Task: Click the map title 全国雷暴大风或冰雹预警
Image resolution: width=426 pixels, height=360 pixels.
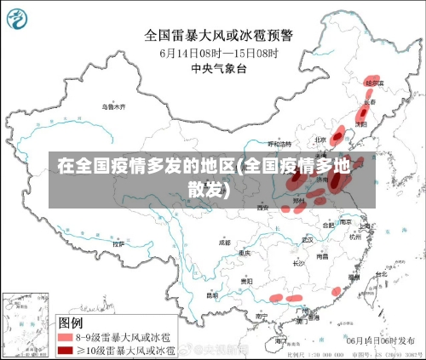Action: click(218, 35)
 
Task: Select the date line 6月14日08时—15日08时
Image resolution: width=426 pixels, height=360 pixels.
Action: click(218, 51)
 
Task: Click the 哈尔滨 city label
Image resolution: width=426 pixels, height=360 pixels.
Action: click(374, 83)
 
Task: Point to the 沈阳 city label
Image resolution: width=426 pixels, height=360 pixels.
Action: click(360, 123)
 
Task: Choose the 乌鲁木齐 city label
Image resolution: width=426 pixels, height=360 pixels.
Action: click(113, 107)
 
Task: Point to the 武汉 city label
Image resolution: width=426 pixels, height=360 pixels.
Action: click(308, 239)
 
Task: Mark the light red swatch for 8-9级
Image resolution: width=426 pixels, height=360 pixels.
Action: click(65, 337)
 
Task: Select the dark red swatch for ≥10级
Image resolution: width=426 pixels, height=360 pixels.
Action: click(65, 350)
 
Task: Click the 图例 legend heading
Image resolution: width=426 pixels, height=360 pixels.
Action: click(70, 323)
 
